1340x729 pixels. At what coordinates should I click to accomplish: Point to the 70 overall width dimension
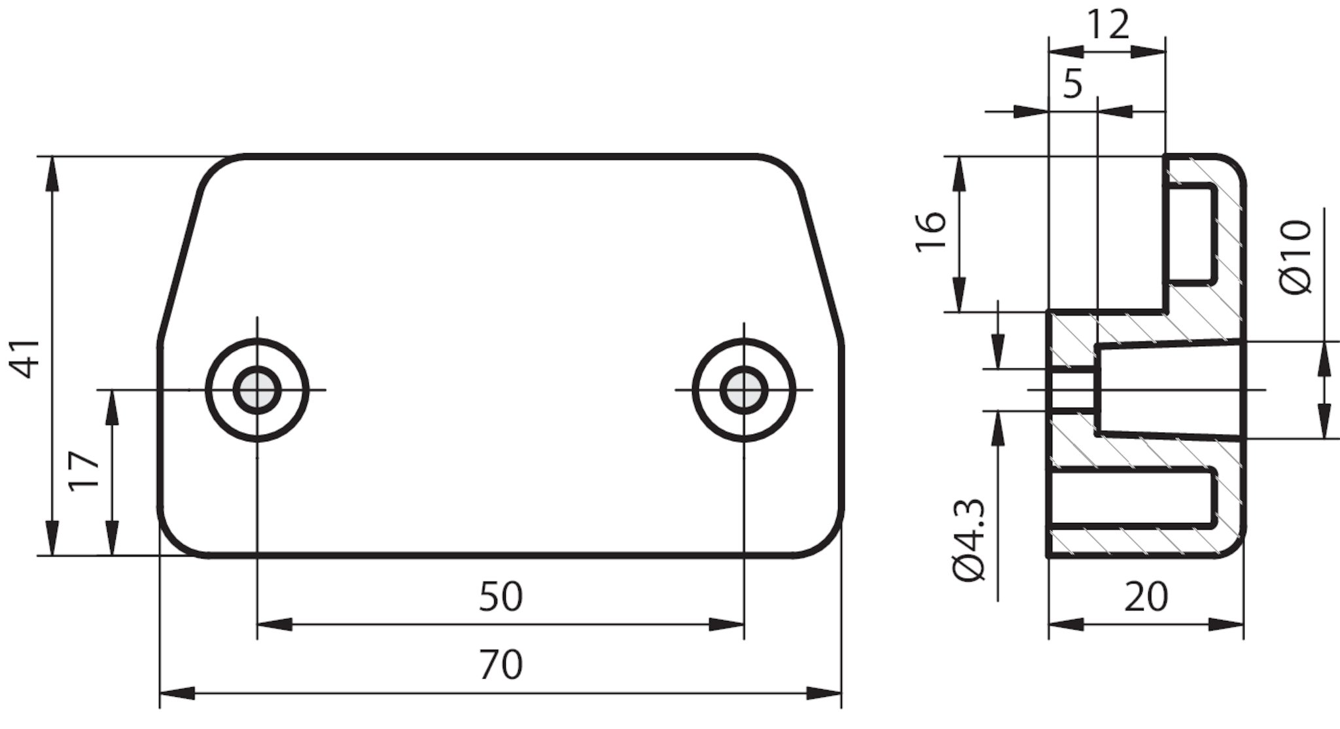click(501, 664)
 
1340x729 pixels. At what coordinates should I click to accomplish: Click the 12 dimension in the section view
click(1107, 26)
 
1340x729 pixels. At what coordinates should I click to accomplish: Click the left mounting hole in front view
click(257, 390)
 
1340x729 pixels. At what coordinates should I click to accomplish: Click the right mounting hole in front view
click(744, 390)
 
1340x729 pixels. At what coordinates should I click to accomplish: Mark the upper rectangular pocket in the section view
click(1191, 235)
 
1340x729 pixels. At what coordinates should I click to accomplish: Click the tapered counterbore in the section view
click(1169, 389)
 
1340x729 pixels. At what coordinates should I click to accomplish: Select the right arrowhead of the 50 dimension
click(726, 625)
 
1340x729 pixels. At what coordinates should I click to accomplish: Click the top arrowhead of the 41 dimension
click(52, 174)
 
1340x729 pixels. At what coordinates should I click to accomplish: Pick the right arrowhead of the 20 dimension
click(1225, 625)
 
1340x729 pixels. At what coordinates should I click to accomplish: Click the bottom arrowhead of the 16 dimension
click(959, 295)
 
